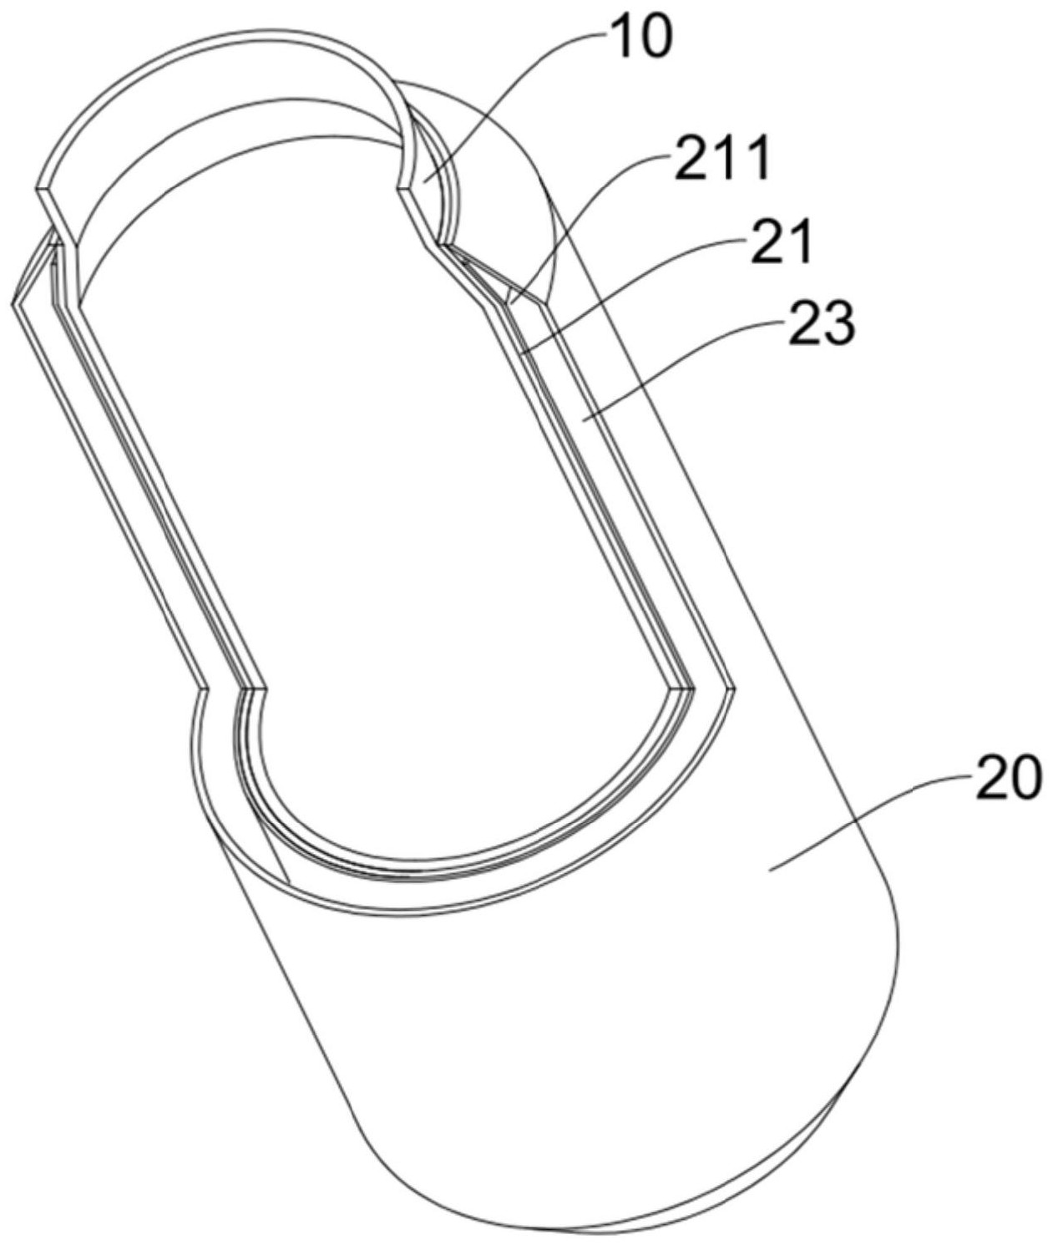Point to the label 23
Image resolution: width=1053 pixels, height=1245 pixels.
click(819, 323)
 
